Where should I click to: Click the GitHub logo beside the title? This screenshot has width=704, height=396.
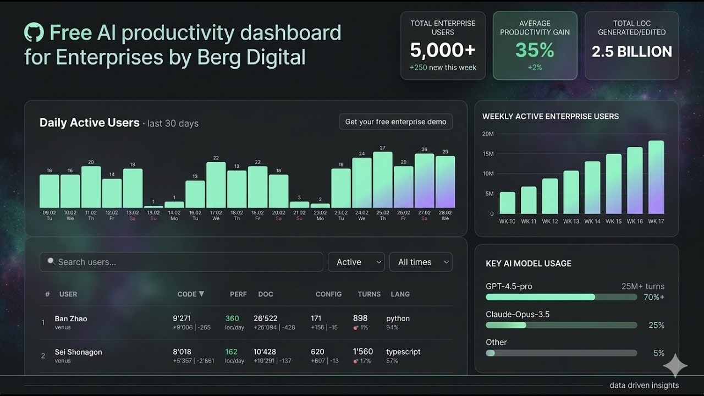tap(34, 32)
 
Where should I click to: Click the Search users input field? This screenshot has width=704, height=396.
tap(181, 262)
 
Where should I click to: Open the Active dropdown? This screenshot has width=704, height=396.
tap(356, 262)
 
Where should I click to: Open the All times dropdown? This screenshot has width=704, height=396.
tap(421, 262)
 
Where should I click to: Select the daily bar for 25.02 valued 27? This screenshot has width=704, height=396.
tap(383, 180)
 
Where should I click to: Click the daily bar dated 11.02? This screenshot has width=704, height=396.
tap(91, 187)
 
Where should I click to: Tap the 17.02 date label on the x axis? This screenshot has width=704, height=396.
tap(216, 212)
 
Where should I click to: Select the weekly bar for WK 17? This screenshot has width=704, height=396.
tap(656, 177)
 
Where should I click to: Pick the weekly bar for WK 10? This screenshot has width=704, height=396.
tap(508, 203)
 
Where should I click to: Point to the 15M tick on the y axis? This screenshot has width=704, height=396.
tap(488, 154)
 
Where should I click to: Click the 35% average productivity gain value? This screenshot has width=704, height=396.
tap(535, 51)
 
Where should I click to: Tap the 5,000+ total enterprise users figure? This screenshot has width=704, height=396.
tap(443, 51)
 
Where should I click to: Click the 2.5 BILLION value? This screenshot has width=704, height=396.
tap(631, 52)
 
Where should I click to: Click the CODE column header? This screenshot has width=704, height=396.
tap(187, 294)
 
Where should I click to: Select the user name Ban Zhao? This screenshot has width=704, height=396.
tap(71, 318)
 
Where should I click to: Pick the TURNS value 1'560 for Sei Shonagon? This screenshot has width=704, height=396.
tap(363, 352)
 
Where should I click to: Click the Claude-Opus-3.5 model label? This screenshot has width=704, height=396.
tap(518, 315)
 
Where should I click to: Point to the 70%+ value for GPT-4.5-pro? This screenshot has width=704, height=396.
tap(653, 297)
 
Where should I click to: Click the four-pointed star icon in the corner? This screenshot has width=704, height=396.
tap(675, 366)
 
